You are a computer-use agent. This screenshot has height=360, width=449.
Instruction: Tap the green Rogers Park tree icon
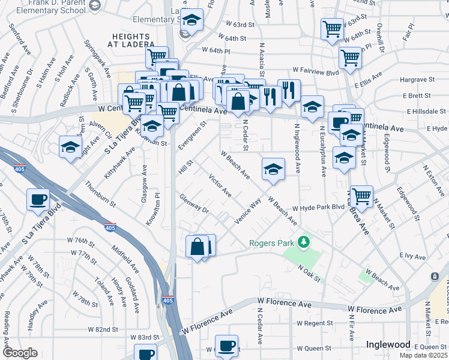click(x=305, y=242)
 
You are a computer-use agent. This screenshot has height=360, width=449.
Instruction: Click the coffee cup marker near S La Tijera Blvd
click(x=38, y=200)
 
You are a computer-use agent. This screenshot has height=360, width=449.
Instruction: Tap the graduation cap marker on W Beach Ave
click(x=273, y=169)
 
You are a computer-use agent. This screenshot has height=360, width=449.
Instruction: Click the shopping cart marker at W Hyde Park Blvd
click(x=361, y=196)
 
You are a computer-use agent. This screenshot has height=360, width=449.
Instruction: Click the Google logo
click(x=20, y=353)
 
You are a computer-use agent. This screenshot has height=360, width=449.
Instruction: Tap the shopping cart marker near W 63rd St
click(x=332, y=29)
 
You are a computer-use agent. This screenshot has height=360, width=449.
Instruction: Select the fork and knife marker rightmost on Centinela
click(x=289, y=90)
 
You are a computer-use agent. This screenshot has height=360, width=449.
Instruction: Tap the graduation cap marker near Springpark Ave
click(x=70, y=146)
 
